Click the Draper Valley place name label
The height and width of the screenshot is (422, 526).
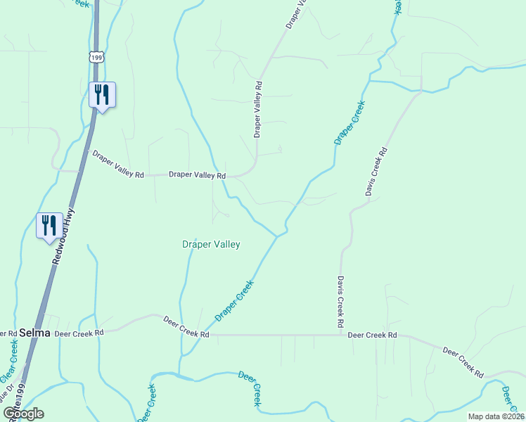pyautogui.click(x=211, y=245)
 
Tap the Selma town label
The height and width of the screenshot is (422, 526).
pyautogui.click(x=35, y=333)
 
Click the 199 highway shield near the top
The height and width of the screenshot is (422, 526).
pyautogui.click(x=97, y=56)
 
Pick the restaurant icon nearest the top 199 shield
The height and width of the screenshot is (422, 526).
pyautogui.click(x=103, y=94)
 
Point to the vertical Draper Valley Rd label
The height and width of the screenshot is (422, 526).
pyautogui.click(x=258, y=109)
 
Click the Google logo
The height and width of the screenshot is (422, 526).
pyautogui.click(x=24, y=414)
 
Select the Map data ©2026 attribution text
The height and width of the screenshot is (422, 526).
pyautogui.click(x=496, y=416)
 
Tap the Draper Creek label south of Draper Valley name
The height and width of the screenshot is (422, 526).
pyautogui.click(x=234, y=300)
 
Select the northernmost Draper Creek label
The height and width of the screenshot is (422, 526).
pyautogui.click(x=349, y=122)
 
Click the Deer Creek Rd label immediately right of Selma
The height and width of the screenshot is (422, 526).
pyautogui.click(x=79, y=331)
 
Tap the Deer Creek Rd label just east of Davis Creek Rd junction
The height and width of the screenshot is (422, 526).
pyautogui.click(x=373, y=335)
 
